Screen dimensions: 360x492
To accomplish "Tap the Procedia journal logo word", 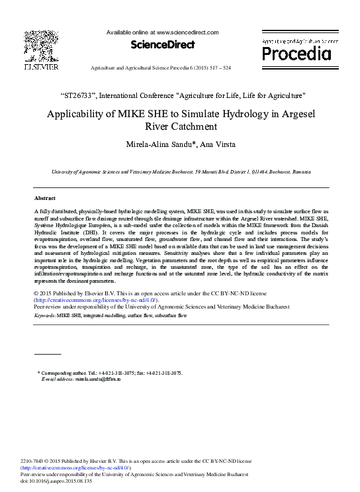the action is click(x=296, y=53).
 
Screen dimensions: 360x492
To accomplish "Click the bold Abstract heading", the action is click(x=45, y=198).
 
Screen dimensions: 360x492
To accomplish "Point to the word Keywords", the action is click(x=45, y=317).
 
